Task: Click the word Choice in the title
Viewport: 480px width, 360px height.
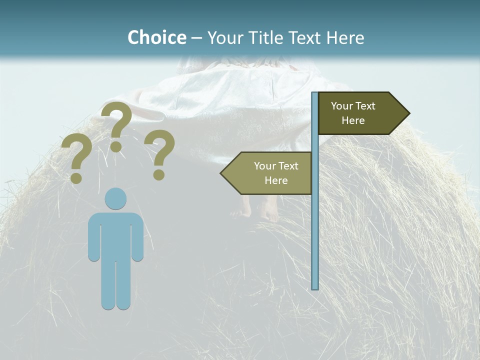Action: pos(156,37)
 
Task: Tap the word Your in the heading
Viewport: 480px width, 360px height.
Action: pos(224,38)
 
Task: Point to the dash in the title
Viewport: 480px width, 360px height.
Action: pos(196,38)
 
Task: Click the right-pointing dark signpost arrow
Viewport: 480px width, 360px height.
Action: pos(360,113)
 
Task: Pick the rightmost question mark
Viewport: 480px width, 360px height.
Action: pos(159,153)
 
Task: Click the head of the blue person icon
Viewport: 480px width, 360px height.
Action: pos(115,198)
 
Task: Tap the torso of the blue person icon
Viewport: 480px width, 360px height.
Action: pos(115,235)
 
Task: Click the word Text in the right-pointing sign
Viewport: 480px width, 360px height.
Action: pos(365,106)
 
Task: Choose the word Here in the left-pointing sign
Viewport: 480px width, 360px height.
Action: pos(276,180)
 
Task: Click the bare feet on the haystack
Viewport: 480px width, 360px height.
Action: pos(257,210)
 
